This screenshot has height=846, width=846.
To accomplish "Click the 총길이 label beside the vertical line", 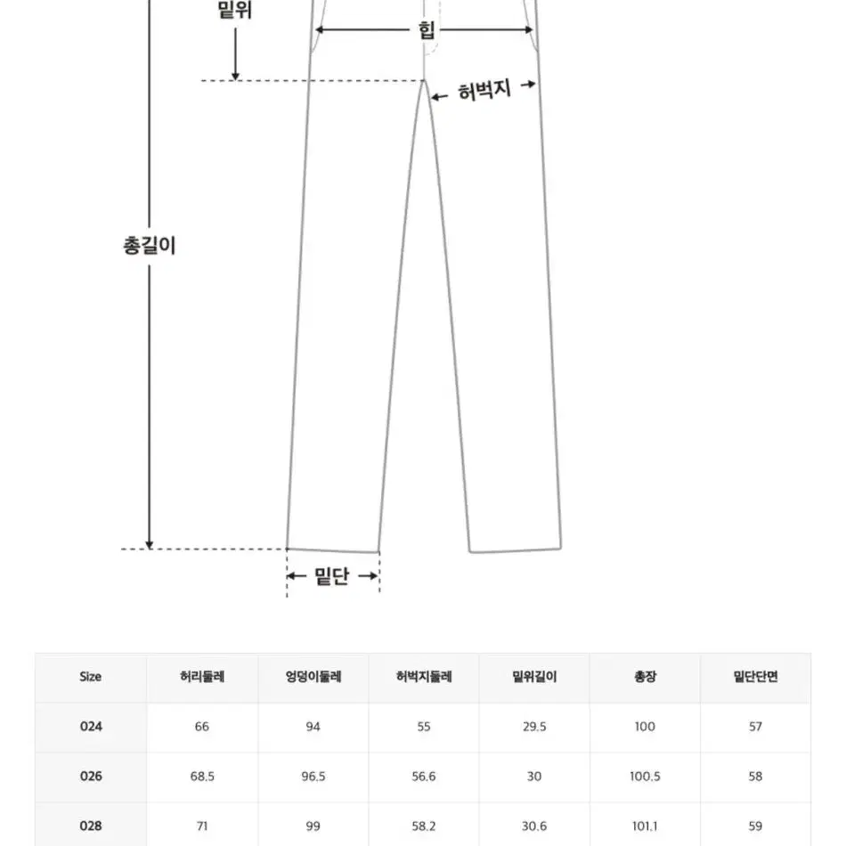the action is [x=150, y=246].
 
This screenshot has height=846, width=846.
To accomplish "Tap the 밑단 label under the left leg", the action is [x=332, y=576].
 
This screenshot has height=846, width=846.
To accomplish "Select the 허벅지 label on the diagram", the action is [x=484, y=90].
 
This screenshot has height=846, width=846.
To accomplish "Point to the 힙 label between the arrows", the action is [x=427, y=29].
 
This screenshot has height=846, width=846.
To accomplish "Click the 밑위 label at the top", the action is [x=235, y=9].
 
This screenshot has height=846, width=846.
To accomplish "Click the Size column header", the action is [x=90, y=677].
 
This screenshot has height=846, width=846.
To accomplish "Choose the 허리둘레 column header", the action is [x=202, y=677].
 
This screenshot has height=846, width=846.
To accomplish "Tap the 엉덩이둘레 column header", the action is [x=313, y=677].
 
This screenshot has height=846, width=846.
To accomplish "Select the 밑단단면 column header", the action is [x=755, y=677].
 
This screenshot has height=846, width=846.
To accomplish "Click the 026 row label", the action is [x=91, y=776].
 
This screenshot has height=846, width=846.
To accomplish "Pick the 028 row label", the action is [x=91, y=826].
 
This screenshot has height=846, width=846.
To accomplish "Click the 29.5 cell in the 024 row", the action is [x=534, y=727].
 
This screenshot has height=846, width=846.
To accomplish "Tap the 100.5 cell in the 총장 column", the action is [x=645, y=777].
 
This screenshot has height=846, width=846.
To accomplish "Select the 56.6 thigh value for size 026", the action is [x=424, y=777].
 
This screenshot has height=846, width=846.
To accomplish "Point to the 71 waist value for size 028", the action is [x=202, y=826].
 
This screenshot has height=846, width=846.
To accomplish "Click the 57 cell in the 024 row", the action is [x=755, y=727].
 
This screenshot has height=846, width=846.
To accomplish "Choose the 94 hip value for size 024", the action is [x=313, y=727].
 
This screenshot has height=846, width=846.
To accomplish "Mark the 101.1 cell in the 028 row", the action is [x=645, y=826].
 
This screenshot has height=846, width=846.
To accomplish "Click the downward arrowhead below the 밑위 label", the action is [x=235, y=76].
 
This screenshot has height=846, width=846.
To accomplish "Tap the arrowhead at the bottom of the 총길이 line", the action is [x=150, y=544].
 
